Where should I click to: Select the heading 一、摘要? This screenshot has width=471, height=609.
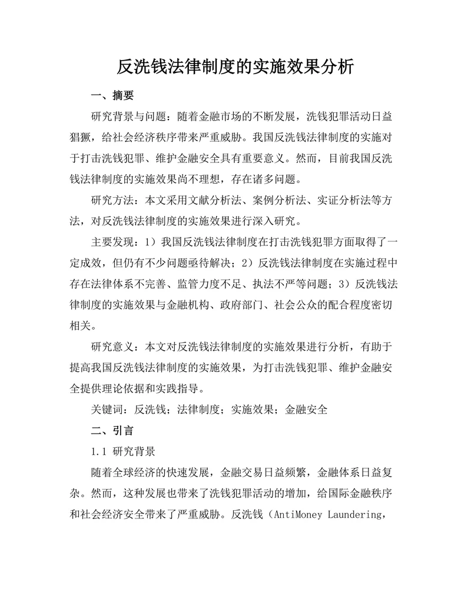[112, 95]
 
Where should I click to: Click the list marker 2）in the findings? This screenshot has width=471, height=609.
[249, 263]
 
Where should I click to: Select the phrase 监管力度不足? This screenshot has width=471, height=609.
[210, 284]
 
